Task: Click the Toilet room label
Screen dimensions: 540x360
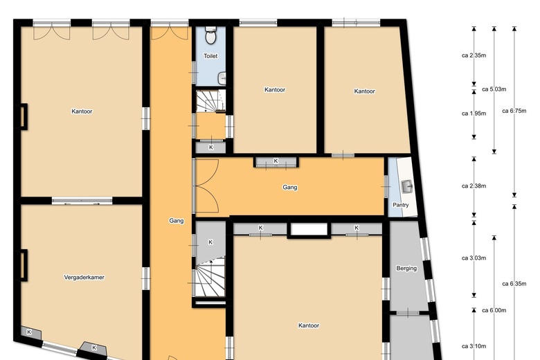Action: point(210,56)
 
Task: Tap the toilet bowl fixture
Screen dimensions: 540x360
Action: point(210,35)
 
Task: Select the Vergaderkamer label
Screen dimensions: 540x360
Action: point(84,277)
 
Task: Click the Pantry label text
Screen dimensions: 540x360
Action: point(401,205)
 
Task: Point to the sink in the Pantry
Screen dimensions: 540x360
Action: point(408,186)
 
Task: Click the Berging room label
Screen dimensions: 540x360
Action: point(406,268)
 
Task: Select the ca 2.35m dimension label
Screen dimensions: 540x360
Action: point(474,55)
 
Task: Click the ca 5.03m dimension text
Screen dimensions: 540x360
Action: point(494,89)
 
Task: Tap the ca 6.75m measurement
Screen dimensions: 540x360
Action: point(514,111)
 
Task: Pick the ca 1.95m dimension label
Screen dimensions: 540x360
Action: point(474,114)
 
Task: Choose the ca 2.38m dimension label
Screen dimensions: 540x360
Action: point(474,186)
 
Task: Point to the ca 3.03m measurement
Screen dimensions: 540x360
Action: point(474,258)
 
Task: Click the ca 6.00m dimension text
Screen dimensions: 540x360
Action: point(494,310)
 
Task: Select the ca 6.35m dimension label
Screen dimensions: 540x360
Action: point(514,284)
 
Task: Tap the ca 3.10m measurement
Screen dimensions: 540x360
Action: point(474,346)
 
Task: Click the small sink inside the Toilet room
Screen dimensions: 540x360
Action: point(222,78)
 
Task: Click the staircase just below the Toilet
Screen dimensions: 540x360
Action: point(211,101)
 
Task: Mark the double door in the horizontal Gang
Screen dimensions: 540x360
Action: point(206,186)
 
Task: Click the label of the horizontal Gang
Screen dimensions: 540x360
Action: point(290,187)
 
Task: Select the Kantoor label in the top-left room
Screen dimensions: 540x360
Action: point(82,111)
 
